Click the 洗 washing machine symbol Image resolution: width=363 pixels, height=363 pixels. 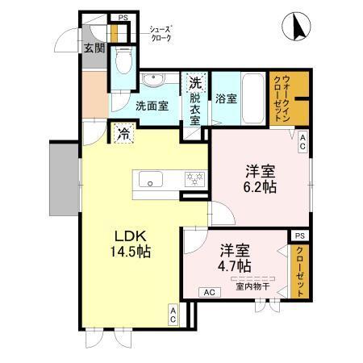(x=196, y=82)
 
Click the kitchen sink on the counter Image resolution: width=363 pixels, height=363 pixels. (x=151, y=181)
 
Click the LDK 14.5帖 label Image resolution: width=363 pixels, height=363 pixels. (x=132, y=243)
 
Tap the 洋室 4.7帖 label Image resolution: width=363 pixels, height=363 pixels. (x=234, y=257)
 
